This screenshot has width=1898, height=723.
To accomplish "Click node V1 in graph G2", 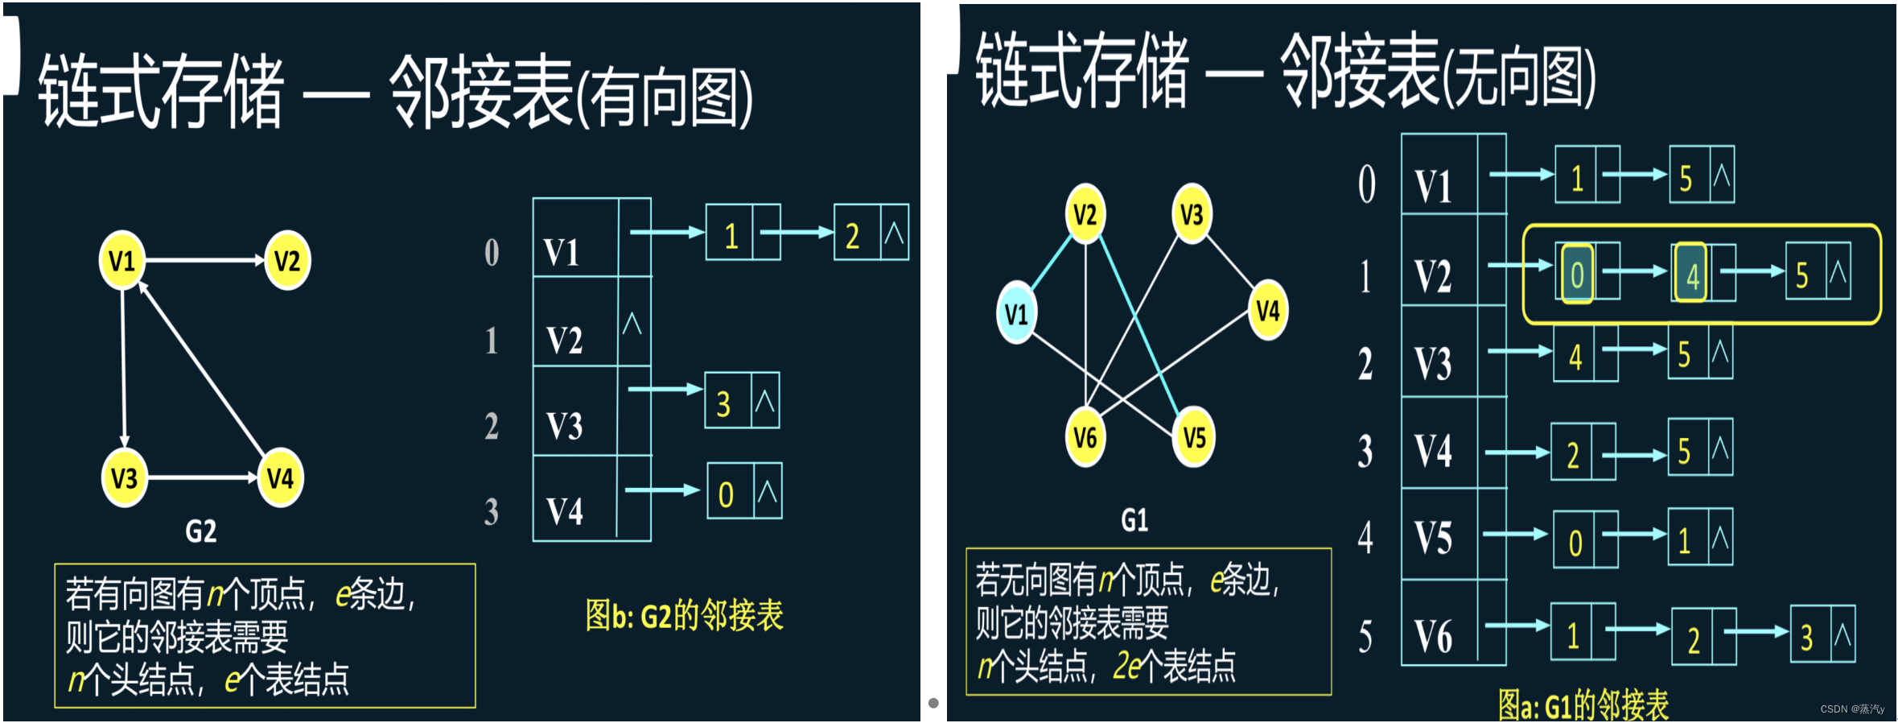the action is pyautogui.click(x=122, y=260).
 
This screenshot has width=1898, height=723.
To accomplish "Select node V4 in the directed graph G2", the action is pyautogui.click(x=280, y=478).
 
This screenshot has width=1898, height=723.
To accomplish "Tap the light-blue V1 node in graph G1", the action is pyautogui.click(x=1016, y=313).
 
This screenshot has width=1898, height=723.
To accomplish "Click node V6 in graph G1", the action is pyautogui.click(x=1085, y=437).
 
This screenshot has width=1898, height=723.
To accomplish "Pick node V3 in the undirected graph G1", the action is pyautogui.click(x=1192, y=214).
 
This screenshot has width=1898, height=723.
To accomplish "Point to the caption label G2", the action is pyautogui.click(x=201, y=531).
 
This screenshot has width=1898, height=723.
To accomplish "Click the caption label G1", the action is pyautogui.click(x=1134, y=520).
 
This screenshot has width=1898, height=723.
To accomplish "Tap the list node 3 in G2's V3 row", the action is pyautogui.click(x=724, y=403).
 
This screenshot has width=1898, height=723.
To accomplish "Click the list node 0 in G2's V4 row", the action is pyautogui.click(x=727, y=494).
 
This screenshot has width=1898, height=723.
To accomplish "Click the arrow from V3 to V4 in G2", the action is pyautogui.click(x=202, y=478).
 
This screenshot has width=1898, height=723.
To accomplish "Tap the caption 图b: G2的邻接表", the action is pyautogui.click(x=684, y=616).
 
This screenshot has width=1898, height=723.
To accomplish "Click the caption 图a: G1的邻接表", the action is pyautogui.click(x=1583, y=705).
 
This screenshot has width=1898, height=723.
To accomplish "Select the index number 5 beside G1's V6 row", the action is pyautogui.click(x=1365, y=637).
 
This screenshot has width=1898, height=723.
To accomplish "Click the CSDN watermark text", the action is pyautogui.click(x=1851, y=709).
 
